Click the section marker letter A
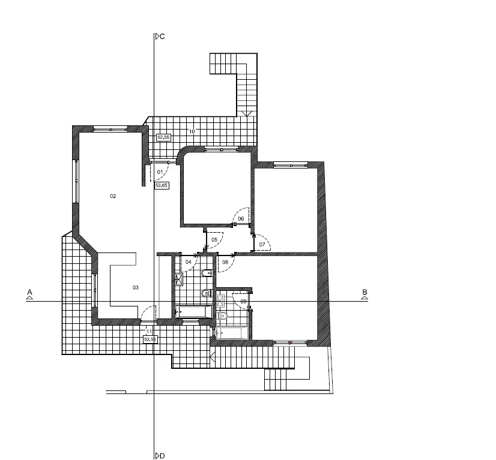coord(30,292)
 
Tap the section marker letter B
coord(364,292)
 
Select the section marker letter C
coord(162,37)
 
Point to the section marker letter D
coord(162,456)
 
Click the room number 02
coord(113,196)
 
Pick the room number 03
coord(135,287)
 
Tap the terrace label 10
coord(192,131)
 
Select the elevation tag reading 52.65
coord(162,185)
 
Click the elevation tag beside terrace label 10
coord(163,137)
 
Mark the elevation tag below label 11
coord(150,339)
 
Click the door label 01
coord(160,172)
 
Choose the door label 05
coord(214,240)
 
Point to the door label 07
coord(262,245)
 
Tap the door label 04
coord(189,262)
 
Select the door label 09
coord(244,302)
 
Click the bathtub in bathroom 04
coord(193,312)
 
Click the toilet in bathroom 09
coord(222,315)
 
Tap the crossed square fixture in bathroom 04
coord(179,279)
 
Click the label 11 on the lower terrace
coord(149,332)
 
